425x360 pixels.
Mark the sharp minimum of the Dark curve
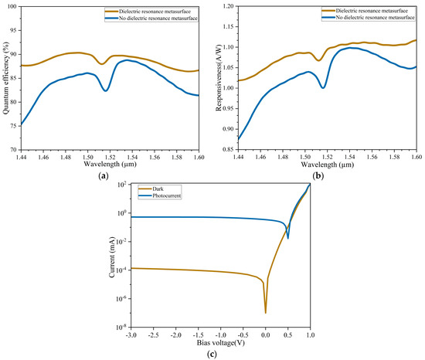pyautogui.click(x=266, y=312)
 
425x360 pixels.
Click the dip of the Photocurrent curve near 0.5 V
pyautogui.click(x=288, y=238)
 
